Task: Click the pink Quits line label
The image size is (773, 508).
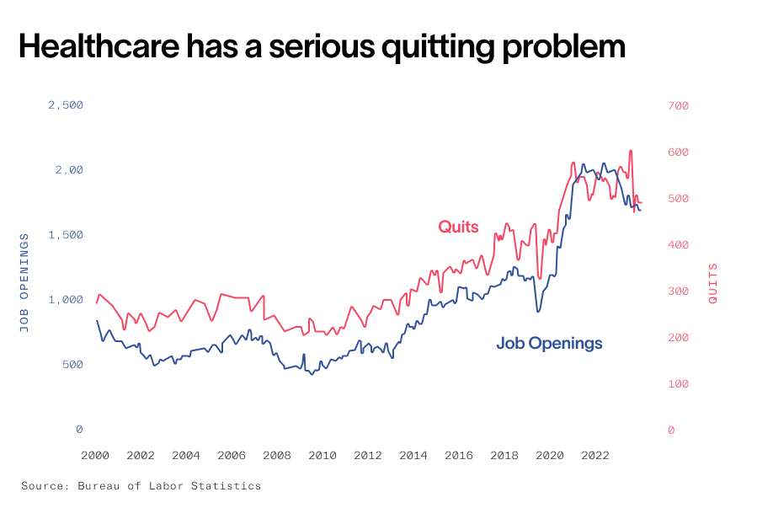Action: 458,227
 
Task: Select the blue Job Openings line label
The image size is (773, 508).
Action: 549,344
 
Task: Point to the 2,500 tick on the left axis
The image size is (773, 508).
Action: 65,105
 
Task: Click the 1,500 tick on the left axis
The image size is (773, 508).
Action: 65,235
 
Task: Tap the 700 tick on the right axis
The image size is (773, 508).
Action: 678,106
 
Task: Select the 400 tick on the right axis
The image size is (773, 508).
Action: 678,245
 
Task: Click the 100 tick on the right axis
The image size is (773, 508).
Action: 678,384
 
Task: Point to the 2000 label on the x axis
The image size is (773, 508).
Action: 95,456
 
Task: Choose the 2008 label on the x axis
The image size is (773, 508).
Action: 277,456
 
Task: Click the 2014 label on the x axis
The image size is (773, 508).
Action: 413,456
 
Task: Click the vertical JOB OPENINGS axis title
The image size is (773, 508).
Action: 24,282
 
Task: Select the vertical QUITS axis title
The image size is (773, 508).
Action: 712,283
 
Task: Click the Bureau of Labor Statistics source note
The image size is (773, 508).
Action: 141,486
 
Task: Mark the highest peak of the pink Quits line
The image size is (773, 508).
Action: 631,152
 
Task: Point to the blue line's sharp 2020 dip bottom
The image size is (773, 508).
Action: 538,311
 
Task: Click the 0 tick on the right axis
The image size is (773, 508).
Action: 671,430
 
